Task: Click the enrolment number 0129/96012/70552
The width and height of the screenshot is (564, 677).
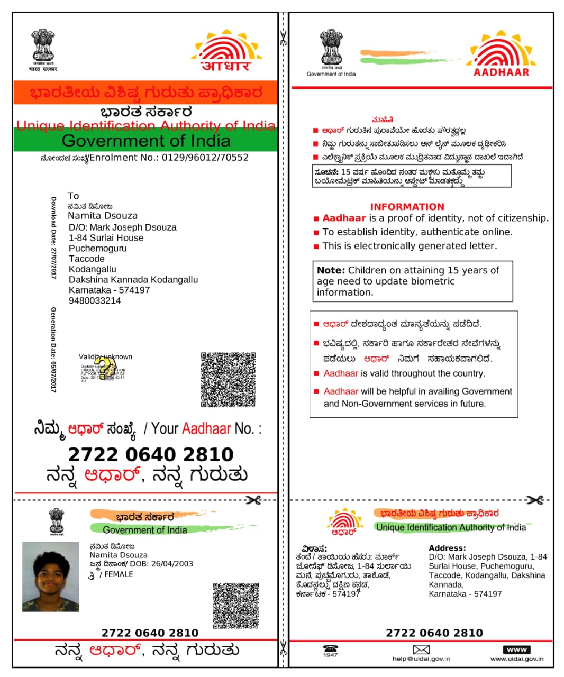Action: click(205, 158)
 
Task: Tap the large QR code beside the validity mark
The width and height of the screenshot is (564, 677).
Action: click(228, 379)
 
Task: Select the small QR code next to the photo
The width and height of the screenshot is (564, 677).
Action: click(236, 605)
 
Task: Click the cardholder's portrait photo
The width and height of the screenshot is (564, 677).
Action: click(51, 577)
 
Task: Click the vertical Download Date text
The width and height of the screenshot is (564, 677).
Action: click(53, 237)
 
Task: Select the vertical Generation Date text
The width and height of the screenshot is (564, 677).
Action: click(53, 349)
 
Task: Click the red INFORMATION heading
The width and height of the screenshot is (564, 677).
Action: click(407, 207)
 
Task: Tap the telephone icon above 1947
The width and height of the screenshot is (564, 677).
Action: click(331, 648)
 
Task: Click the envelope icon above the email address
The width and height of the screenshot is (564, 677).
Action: click(421, 649)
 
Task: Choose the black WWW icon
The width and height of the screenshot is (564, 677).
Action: click(516, 649)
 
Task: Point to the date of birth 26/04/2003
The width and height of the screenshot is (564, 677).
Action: click(172, 564)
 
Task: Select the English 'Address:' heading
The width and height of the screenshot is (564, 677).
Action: click(447, 548)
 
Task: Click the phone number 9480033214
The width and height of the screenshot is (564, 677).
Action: click(95, 300)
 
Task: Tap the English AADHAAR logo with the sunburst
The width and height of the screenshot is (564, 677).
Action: click(501, 55)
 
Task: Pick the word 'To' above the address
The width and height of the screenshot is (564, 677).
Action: click(74, 196)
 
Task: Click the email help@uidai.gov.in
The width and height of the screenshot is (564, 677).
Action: click(421, 659)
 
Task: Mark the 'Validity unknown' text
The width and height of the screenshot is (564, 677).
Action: click(105, 356)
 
